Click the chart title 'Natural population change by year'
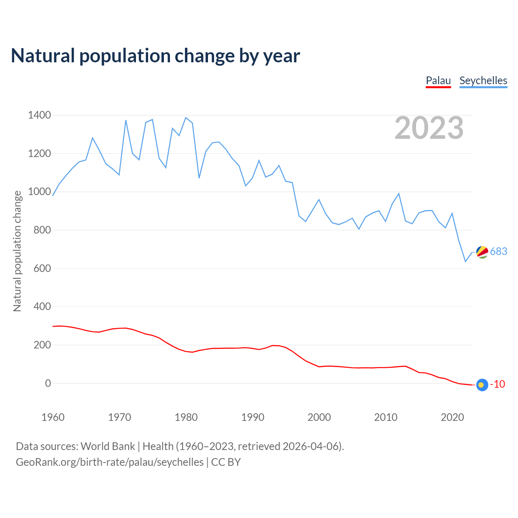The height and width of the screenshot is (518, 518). [155, 56]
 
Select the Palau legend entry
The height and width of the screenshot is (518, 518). [438, 81]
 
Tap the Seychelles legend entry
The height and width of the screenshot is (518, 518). [483, 81]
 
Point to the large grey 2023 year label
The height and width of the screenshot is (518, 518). [429, 128]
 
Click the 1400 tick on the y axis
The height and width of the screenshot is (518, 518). [39, 115]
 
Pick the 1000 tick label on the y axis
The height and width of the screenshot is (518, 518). [39, 192]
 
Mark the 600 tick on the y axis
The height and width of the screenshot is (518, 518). [42, 268]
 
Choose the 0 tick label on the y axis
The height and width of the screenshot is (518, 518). [48, 383]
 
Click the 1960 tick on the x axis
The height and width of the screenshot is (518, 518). [53, 417]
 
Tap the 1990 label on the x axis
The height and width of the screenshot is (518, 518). [253, 417]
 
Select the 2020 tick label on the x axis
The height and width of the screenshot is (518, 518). [452, 417]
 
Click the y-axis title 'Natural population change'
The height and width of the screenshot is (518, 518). [17, 251]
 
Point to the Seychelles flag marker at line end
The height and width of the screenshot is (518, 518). [482, 252]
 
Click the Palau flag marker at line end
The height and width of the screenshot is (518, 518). [482, 385]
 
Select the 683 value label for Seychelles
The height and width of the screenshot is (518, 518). [499, 252]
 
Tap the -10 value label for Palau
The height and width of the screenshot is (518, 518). [497, 384]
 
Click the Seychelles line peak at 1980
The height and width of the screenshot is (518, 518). [186, 118]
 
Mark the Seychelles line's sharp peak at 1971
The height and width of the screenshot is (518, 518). [126, 120]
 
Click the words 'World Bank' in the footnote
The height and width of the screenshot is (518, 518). [108, 446]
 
